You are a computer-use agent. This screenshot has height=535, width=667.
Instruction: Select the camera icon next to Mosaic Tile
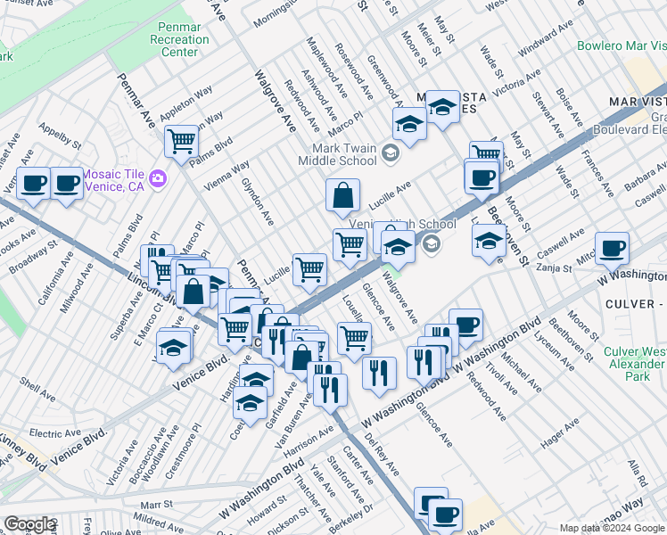(159, 178)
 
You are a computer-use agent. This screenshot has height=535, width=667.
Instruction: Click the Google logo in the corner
(29, 524)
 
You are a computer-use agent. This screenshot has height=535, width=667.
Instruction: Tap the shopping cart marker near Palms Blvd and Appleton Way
(181, 141)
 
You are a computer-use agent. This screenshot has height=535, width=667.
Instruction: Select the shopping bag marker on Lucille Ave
(342, 194)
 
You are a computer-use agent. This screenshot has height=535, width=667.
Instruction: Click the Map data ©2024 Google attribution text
(612, 528)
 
